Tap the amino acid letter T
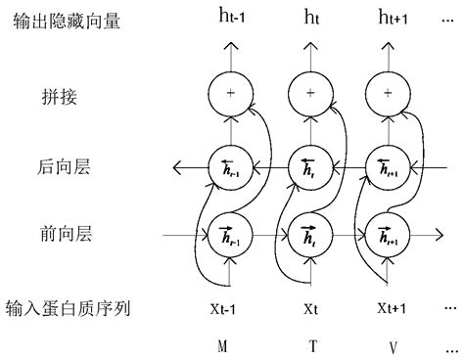(309, 343)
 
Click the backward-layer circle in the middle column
(309, 165)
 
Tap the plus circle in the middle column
(309, 93)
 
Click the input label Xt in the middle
(309, 308)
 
